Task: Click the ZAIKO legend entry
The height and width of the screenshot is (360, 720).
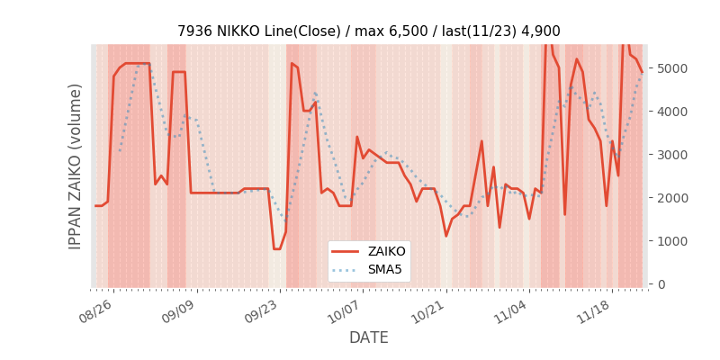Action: point(383,252)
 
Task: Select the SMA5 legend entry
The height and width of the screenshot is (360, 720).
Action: point(382,269)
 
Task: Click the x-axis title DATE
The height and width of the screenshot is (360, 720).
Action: point(369,338)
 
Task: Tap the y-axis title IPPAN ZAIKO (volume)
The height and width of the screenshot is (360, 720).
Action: point(76,166)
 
